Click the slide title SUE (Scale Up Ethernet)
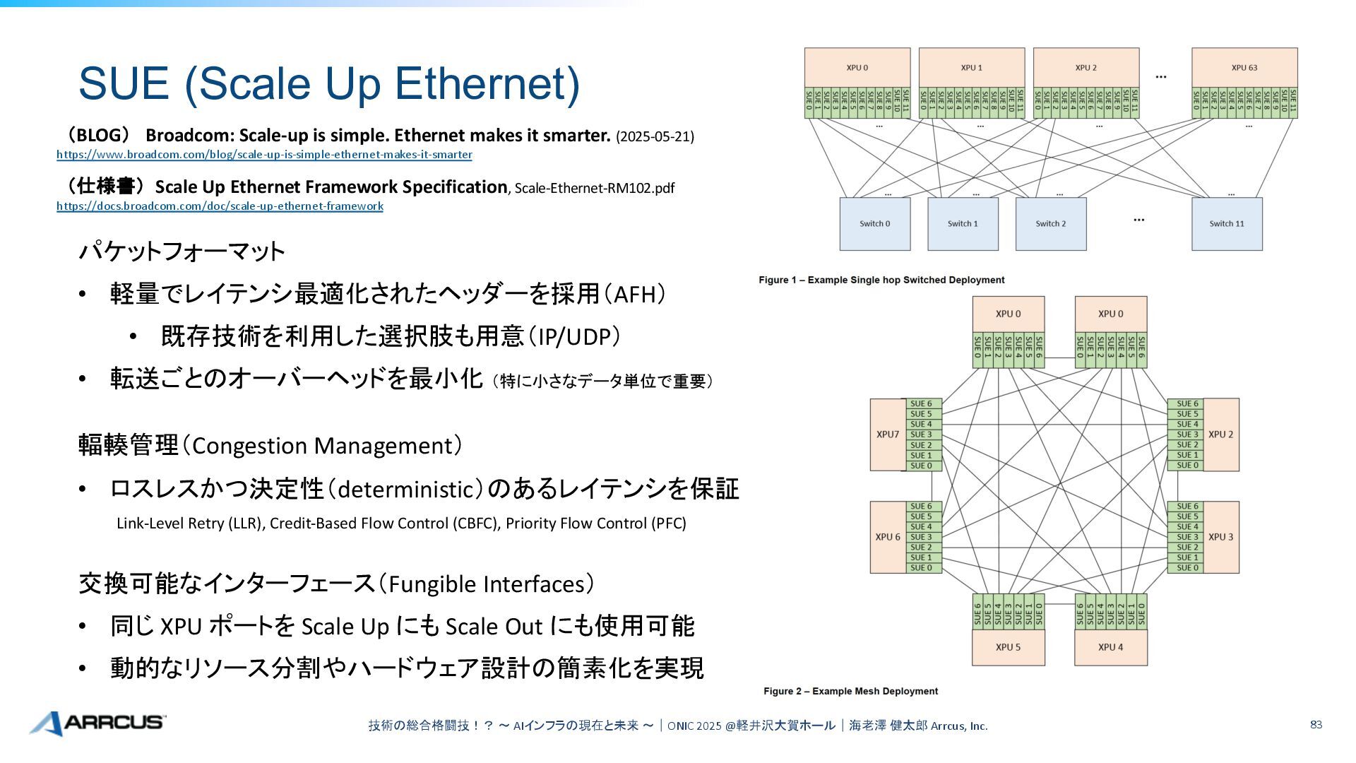pos(328,83)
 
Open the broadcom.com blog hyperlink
pos(264,155)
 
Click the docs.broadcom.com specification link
pos(220,206)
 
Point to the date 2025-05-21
pos(655,136)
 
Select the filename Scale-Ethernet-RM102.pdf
pos(594,188)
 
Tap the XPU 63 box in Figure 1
pos(1244,68)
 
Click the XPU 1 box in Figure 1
pos(971,68)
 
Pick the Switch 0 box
pos(874,224)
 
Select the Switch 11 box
pos(1227,224)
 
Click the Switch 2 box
pos(1050,224)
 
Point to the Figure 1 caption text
pos(881,280)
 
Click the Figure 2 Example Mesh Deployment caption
pos(850,691)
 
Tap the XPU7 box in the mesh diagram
pos(888,434)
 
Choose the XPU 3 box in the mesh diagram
pos(1220,537)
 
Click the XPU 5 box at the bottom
pos(1008,647)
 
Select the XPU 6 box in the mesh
pos(888,537)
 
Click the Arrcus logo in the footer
pos(98,723)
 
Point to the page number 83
pos(1316,725)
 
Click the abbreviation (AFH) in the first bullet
pos(639,294)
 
